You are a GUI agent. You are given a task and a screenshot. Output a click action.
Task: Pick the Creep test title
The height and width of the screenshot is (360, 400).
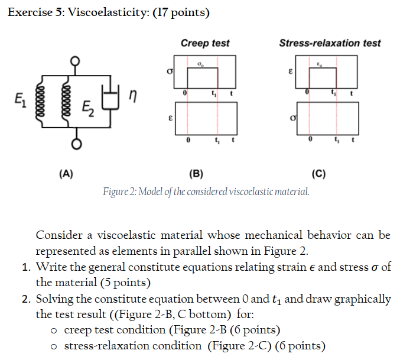click(x=205, y=43)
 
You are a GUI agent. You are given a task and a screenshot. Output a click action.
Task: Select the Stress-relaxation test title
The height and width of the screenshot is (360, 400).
click(x=330, y=43)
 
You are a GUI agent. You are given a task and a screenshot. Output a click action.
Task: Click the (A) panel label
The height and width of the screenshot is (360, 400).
click(x=66, y=174)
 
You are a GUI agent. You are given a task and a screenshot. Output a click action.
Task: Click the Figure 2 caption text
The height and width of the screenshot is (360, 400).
click(x=206, y=192)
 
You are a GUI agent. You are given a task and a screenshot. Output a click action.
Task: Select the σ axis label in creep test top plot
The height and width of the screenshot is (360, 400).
click(x=171, y=72)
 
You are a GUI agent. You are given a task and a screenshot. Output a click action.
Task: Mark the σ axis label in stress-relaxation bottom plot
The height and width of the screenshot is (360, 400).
click(x=292, y=119)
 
